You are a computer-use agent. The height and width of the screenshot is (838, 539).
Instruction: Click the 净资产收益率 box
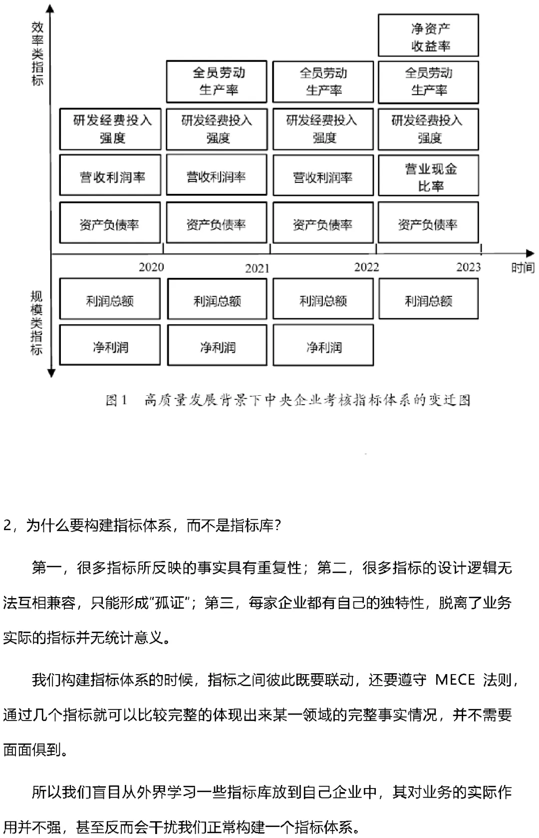[428, 35]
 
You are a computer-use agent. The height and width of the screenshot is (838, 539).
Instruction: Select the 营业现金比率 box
[428, 176]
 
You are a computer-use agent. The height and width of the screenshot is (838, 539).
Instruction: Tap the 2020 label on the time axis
[151, 267]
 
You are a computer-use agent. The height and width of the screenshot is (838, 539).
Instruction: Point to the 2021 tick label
[257, 269]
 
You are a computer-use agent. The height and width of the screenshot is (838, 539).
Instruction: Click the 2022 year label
[367, 267]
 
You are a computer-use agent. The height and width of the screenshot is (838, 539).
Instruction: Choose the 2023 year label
[468, 267]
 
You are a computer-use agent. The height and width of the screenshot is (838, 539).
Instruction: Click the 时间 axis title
[523, 268]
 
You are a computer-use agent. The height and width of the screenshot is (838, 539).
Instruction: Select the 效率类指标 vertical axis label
[37, 53]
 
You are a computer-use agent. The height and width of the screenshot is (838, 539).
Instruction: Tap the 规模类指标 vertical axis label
[36, 323]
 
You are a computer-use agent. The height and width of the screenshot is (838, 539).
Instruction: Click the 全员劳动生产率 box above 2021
[217, 82]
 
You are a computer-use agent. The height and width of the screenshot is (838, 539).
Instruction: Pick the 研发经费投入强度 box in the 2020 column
[110, 129]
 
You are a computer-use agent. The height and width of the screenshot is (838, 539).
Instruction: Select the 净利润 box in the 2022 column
[323, 346]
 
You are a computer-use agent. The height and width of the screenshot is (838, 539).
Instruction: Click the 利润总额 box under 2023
[428, 299]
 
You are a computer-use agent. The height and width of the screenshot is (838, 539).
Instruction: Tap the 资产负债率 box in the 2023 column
[428, 223]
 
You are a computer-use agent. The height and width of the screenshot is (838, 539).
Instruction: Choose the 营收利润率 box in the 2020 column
[110, 176]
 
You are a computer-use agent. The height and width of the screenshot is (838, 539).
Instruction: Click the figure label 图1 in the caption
[117, 400]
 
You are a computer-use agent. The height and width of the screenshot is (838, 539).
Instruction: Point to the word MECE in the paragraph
[455, 680]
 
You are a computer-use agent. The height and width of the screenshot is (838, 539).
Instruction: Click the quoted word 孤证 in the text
[170, 603]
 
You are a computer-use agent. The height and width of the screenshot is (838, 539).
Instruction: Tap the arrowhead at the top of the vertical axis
[51, 8]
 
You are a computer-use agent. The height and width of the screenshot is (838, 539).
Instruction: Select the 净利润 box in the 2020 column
[110, 346]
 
